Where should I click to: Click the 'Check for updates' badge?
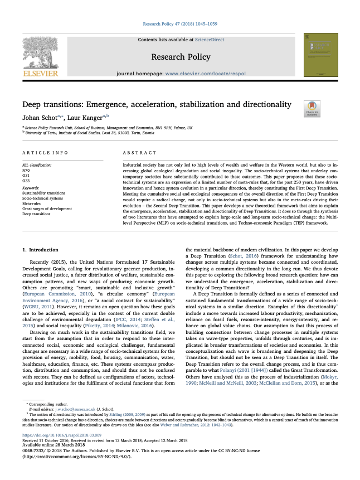coord(296,108)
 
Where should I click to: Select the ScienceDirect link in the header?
coord(210,40)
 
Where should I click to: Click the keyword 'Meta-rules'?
coord(32,203)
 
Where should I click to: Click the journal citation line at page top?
coord(179,25)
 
